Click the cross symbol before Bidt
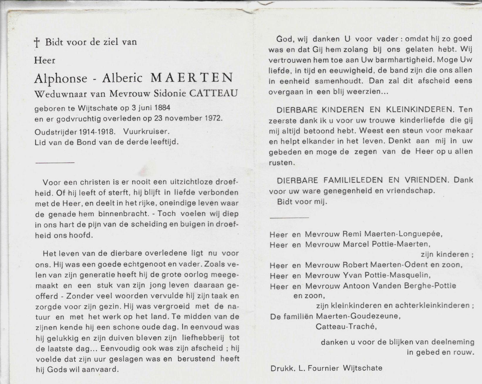click(x=37, y=43)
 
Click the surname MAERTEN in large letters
click(x=192, y=78)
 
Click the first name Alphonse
click(x=61, y=78)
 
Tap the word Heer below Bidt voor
click(x=45, y=61)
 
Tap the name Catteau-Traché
click(x=346, y=326)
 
